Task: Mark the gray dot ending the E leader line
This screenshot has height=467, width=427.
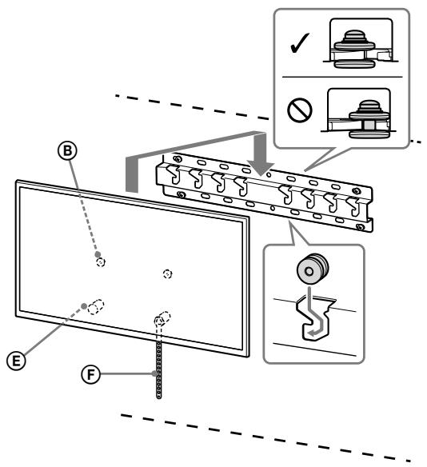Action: [82, 306]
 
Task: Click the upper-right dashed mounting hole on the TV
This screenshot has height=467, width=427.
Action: [167, 273]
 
